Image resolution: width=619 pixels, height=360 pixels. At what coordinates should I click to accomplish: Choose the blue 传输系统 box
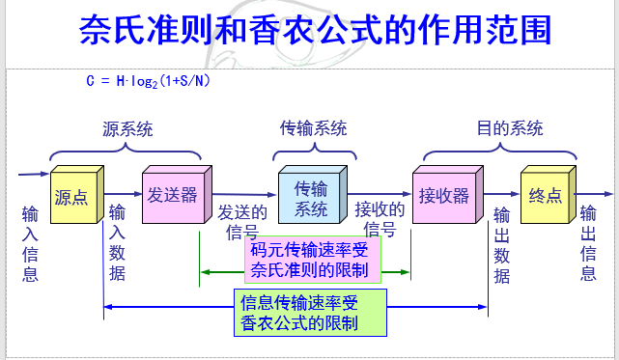coord(311,196)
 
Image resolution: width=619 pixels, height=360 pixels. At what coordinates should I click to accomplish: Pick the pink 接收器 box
coord(444,195)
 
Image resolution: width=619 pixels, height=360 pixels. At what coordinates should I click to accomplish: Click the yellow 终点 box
coord(546,196)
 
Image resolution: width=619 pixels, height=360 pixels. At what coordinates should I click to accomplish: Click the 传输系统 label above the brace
coord(313,128)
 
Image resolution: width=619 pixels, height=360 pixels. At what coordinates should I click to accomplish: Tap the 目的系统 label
coord(510,128)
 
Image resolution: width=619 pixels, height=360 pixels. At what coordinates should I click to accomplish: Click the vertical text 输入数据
coord(117,243)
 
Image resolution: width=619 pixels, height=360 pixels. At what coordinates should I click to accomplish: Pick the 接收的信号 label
coord(380,220)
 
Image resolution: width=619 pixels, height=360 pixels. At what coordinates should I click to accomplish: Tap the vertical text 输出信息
coord(587,243)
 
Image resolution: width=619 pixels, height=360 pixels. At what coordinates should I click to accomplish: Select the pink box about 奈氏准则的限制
coord(312,256)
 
